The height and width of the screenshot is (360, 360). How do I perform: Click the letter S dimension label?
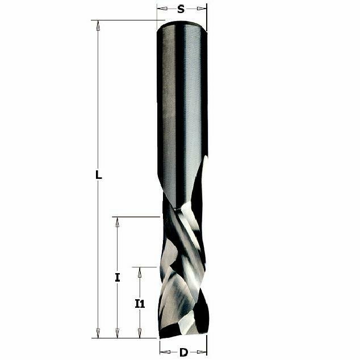pyautogui.click(x=181, y=9)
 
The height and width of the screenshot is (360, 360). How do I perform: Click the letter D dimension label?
pyautogui.click(x=183, y=352)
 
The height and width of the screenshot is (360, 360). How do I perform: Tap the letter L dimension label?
pyautogui.click(x=99, y=175)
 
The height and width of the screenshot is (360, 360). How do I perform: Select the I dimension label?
pyautogui.click(x=118, y=277)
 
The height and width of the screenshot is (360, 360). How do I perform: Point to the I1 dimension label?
pyautogui.click(x=140, y=304)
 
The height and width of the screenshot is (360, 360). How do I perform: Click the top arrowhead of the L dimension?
pyautogui.click(x=98, y=25)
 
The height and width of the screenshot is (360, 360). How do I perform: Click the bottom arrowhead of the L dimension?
pyautogui.click(x=98, y=333)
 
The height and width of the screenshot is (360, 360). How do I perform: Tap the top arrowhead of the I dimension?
pyautogui.click(x=118, y=222)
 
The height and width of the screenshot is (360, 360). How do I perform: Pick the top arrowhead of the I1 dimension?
pyautogui.click(x=140, y=273)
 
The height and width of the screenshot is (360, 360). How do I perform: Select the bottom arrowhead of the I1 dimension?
pyautogui.click(x=140, y=333)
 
